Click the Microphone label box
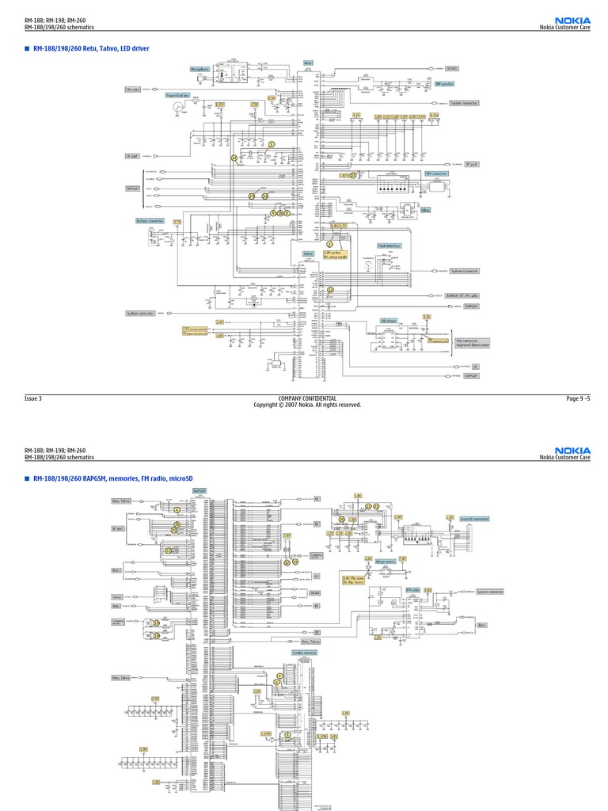coord(199,69)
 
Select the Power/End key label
coord(177,95)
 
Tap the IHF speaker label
coord(444,83)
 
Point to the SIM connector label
coord(436,173)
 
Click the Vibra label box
coord(426,210)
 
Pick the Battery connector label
coord(150,221)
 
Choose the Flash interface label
coord(389,246)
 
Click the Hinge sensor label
coord(386,561)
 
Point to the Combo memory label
coord(304,652)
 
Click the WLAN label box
coord(315,592)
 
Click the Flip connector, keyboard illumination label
coord(472,344)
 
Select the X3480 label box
coord(452,69)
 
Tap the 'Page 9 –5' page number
coord(578,398)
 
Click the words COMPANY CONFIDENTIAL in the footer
coord(307,398)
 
